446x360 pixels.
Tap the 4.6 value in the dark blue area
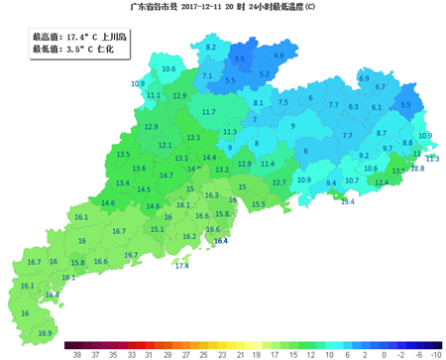pyautogui.click(x=279, y=56)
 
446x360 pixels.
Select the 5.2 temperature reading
pyautogui.click(x=264, y=74)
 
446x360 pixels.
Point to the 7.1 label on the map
pyautogui.click(x=207, y=75)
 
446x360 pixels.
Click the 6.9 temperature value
pyautogui.click(x=364, y=77)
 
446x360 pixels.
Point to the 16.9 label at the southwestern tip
pyautogui.click(x=44, y=305)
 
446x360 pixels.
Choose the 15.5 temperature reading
pyautogui.click(x=259, y=204)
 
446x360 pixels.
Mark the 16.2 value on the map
pyautogui.click(x=189, y=237)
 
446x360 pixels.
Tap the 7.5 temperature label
pyautogui.click(x=283, y=102)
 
